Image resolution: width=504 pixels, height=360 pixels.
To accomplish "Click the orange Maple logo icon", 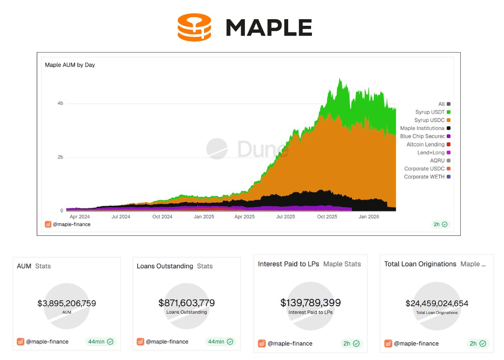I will point(194,27).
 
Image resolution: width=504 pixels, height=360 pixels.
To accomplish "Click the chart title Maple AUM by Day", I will point(70,65).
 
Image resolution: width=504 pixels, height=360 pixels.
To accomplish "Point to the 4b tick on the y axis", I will point(60,103).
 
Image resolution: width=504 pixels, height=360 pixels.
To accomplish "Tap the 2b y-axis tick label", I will point(60,157).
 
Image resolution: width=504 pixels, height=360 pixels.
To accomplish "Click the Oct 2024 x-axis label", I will point(162,217).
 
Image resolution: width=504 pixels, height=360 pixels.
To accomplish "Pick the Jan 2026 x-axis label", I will point(368,217).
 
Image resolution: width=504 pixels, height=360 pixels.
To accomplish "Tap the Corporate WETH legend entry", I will point(427,177).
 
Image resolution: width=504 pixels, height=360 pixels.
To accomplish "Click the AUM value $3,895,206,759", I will point(67,303).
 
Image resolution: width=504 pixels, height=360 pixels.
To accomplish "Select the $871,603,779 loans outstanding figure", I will point(186,303).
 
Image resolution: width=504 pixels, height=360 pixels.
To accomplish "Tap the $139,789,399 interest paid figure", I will point(310,303).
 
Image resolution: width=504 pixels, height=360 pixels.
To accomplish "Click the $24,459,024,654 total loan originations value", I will point(437,303).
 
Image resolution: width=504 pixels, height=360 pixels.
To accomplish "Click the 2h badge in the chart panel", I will point(440,224).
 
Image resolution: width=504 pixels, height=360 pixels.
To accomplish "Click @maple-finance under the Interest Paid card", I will point(289,344).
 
